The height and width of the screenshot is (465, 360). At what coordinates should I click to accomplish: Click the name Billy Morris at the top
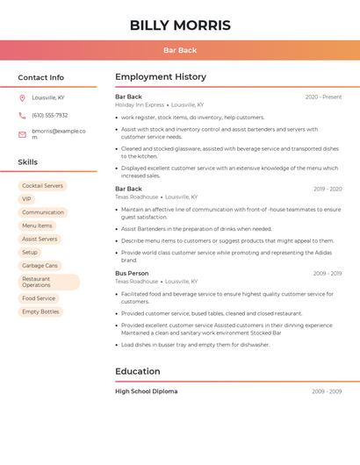pos(180,25)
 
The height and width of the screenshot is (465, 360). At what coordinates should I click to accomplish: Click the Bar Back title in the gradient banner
pos(180,50)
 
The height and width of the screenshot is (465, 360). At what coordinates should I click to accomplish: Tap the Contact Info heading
pos(40,77)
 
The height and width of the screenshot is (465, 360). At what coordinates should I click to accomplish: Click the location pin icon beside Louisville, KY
pos(22,98)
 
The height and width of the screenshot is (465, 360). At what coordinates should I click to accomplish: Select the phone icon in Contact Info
pos(22,115)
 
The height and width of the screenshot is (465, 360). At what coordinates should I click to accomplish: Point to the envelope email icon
pos(22,134)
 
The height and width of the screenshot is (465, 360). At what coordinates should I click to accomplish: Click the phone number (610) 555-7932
pos(49,115)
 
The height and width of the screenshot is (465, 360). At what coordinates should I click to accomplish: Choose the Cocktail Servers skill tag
pos(42,186)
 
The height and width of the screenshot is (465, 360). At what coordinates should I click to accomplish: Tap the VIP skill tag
pos(26,199)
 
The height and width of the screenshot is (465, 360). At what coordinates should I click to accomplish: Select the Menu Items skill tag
pos(37,225)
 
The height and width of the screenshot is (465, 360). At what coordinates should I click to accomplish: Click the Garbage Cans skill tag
pos(40,265)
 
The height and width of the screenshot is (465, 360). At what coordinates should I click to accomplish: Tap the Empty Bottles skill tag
pos(40,311)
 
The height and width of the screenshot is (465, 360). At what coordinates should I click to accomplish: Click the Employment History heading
pos(161,77)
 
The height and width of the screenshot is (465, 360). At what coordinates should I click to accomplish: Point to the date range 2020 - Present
pos(323,97)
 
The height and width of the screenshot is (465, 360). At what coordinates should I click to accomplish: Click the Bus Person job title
pos(132,273)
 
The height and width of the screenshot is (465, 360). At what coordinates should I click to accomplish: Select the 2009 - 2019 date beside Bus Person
pos(327,274)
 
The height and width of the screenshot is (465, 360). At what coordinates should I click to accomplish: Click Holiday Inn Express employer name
pos(140,104)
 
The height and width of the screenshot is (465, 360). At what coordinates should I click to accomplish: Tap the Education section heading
pos(137,371)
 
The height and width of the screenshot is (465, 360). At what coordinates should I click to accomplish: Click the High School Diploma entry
pos(146,391)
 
